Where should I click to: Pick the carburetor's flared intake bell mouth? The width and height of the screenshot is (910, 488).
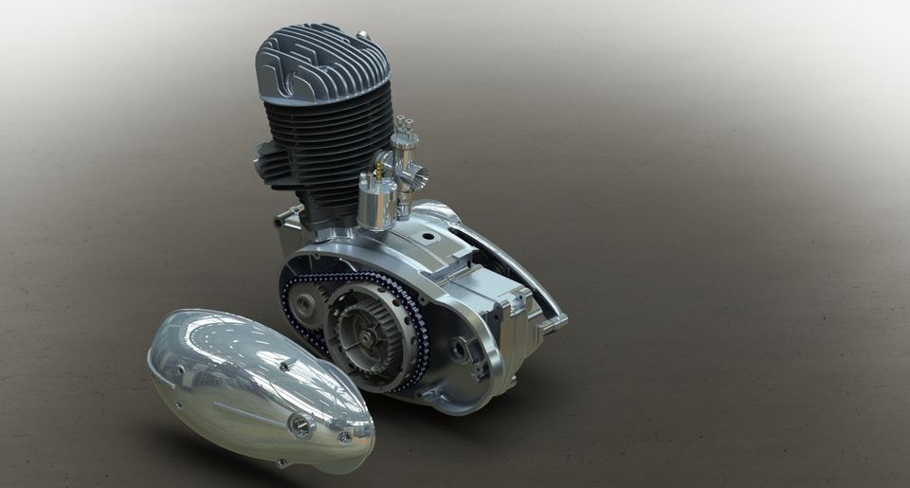(x=417, y=174)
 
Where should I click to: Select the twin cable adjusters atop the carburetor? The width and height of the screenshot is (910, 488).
(x=406, y=123)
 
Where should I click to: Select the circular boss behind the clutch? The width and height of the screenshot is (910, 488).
(x=460, y=348)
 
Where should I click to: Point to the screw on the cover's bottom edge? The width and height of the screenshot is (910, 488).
(x=282, y=462)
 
